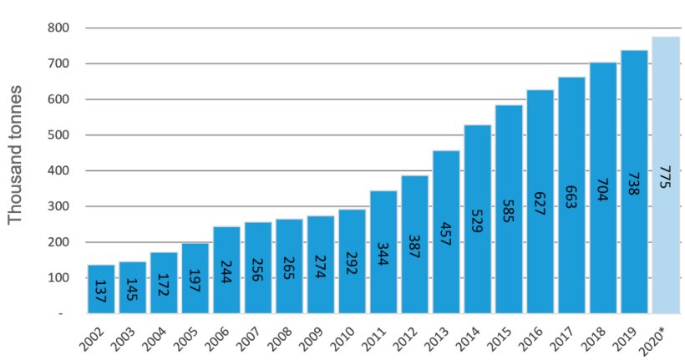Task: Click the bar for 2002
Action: coord(101,289)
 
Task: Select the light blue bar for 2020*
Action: coord(666,175)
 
